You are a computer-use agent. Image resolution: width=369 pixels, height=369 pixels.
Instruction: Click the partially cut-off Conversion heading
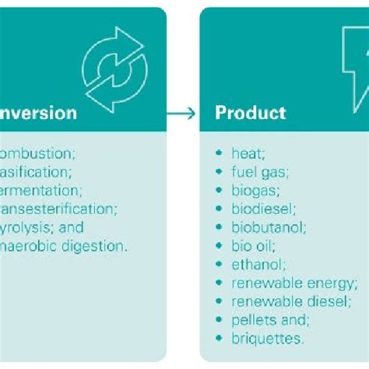point(39,114)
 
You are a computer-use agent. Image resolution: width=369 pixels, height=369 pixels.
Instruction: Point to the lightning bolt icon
point(354,62)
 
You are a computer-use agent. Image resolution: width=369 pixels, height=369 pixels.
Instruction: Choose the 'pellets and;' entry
point(268,320)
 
